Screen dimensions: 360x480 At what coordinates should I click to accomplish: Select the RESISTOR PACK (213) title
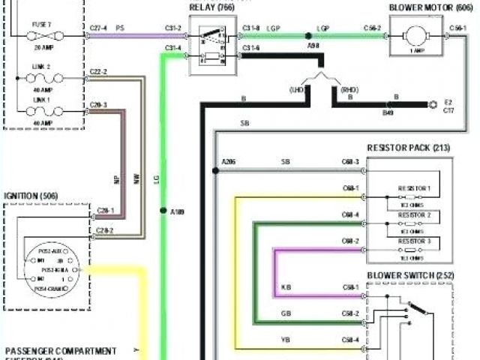pos(409,148)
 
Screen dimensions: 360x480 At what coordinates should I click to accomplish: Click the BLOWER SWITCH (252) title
pos(408,274)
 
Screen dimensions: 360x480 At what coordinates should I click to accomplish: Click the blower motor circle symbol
pos(415,35)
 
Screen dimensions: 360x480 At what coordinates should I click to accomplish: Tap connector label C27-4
pos(98,28)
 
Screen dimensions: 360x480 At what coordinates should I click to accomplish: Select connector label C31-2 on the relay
pos(173,28)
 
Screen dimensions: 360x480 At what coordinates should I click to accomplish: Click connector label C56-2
pos(372,28)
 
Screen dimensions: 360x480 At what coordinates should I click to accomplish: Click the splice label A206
pos(229,162)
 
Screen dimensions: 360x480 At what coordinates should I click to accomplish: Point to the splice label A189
pos(177,212)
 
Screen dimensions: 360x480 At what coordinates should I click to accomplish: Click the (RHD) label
pos(349,89)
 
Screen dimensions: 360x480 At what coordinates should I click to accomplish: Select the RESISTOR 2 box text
pos(413,214)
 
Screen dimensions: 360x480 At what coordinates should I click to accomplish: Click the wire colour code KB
pos(286,287)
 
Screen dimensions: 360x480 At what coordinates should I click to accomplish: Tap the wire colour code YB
pos(286,340)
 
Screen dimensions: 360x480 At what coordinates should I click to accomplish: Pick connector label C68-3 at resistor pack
pos(350,162)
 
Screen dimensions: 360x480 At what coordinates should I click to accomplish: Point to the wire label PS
pos(120,28)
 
